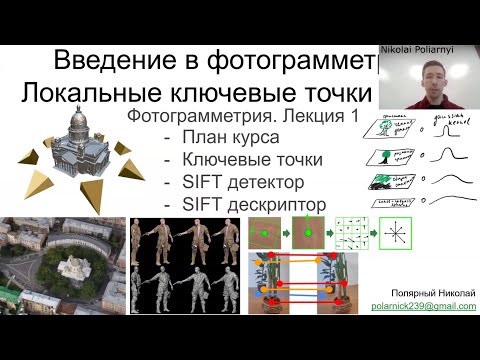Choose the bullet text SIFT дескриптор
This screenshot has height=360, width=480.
(x=254, y=204)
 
